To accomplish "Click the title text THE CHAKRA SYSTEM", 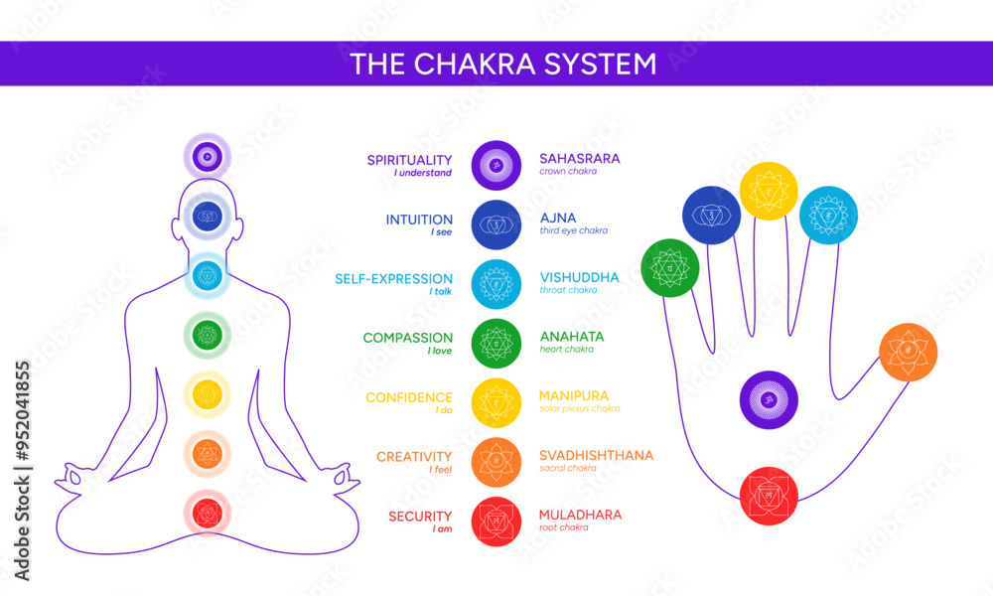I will click(x=502, y=64).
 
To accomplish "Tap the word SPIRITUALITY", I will click(x=409, y=159).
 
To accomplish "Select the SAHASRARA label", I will click(x=579, y=158).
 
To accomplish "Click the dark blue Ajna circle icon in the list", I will click(x=496, y=224).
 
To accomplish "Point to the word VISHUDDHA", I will click(x=579, y=277).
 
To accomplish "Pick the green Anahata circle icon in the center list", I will click(x=496, y=344).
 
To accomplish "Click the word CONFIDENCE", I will click(x=409, y=397).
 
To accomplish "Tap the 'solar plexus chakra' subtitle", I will click(x=580, y=408).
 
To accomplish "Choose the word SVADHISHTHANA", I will click(x=596, y=455).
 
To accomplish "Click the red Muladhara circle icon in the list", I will click(x=496, y=521).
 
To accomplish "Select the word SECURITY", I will click(x=420, y=516).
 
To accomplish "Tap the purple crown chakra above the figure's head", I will click(x=207, y=156).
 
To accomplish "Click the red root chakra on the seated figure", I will click(x=207, y=513).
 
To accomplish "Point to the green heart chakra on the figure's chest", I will click(x=207, y=334).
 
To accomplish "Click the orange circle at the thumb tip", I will click(x=908, y=353).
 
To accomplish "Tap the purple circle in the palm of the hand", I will click(x=769, y=400).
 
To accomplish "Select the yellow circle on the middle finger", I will click(x=769, y=191).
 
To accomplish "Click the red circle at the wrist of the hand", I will click(x=769, y=496).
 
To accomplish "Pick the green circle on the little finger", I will click(x=670, y=268).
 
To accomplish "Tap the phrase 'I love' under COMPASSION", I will click(x=440, y=350).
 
